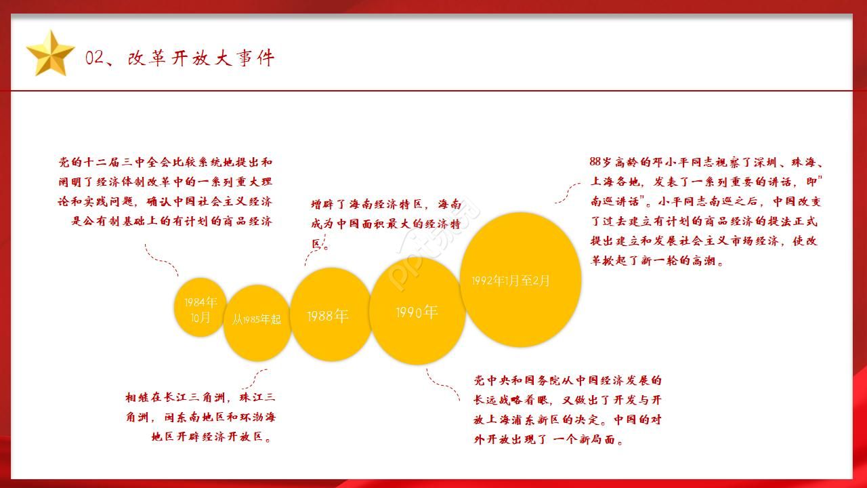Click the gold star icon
(50, 54)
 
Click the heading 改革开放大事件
(201, 58)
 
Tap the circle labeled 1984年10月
(200, 307)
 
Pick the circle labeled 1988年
(331, 314)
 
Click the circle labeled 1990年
(417, 311)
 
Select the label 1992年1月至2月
(511, 281)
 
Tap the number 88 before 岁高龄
(595, 162)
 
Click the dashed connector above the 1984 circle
(161, 260)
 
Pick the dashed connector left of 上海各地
(568, 193)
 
